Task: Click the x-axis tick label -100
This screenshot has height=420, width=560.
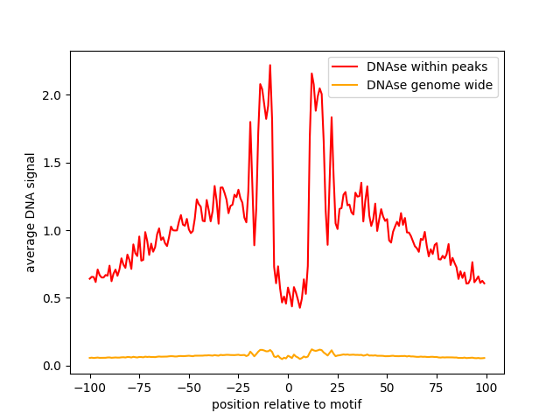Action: [89, 388]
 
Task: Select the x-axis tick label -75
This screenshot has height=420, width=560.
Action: [138, 388]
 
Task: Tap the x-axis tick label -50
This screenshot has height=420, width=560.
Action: [188, 388]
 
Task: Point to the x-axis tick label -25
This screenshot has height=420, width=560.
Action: [237, 388]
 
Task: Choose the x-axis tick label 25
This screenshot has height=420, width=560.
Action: [337, 388]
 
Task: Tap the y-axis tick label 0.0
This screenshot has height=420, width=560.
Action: [54, 366]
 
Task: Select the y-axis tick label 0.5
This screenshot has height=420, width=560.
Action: [54, 298]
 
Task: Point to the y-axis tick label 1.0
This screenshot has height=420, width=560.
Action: [54, 231]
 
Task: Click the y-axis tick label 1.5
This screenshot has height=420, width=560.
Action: [54, 163]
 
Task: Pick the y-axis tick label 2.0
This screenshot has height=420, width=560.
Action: [54, 95]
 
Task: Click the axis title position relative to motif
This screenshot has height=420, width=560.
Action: [287, 404]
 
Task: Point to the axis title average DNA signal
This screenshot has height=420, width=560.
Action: [31, 213]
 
